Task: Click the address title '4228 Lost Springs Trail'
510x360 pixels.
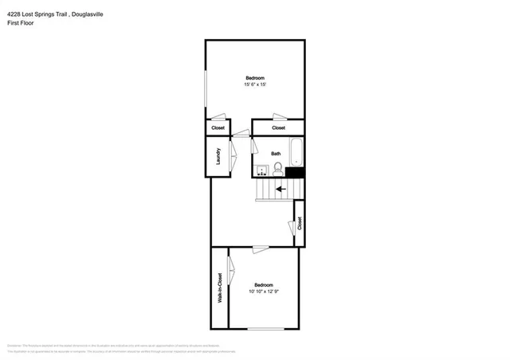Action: click(x=41, y=14)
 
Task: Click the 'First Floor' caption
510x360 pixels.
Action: click(x=22, y=24)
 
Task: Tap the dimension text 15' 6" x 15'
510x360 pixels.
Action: click(x=255, y=84)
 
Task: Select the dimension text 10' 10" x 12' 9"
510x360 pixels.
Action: click(x=264, y=292)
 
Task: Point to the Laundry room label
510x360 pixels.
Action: click(x=218, y=157)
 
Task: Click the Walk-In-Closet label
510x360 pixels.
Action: click(x=219, y=288)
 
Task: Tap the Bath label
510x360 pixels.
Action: click(x=276, y=154)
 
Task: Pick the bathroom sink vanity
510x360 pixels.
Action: click(x=261, y=169)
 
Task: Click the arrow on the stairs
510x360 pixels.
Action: click(x=280, y=189)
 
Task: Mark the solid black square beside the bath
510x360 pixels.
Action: click(x=295, y=172)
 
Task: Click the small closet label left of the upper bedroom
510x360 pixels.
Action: click(x=218, y=128)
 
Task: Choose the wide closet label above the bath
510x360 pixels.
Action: click(x=278, y=128)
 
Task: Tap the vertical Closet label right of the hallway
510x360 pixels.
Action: click(x=300, y=224)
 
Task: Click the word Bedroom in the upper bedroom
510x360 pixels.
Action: click(x=255, y=77)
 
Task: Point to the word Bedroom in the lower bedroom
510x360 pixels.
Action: click(x=264, y=285)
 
